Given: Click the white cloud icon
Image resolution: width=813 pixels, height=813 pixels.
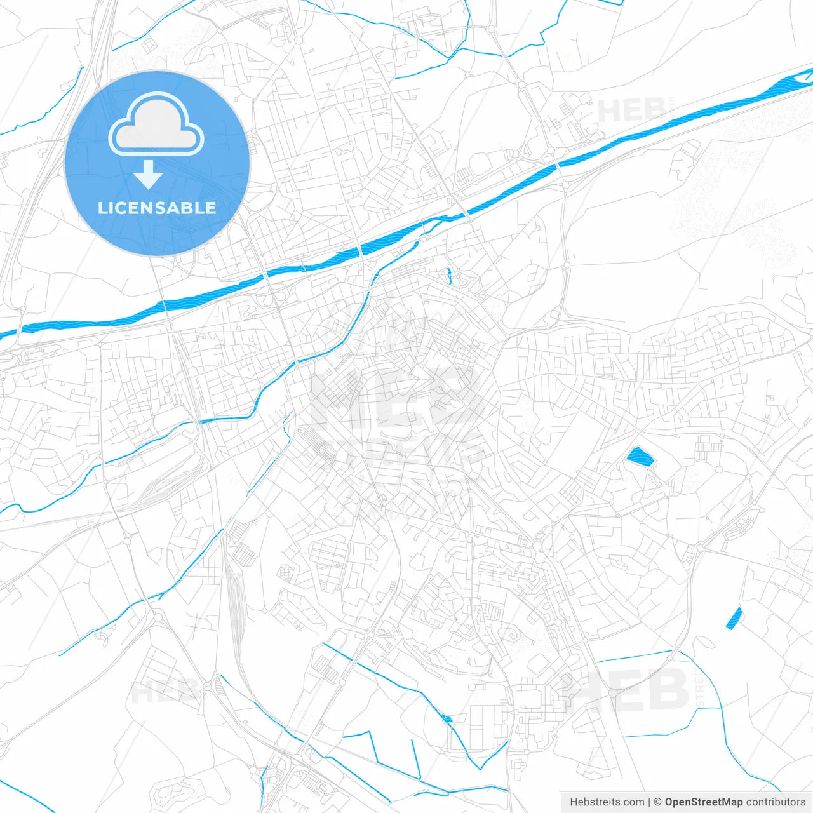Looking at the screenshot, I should (156, 124).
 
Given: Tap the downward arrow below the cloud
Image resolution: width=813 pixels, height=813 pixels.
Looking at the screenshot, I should (148, 175).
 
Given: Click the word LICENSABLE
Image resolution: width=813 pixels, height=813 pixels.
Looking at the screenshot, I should (157, 208).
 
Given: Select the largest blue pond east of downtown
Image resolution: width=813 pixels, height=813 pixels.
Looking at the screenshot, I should (639, 457).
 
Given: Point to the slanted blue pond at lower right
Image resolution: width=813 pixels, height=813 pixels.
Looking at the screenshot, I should (734, 617).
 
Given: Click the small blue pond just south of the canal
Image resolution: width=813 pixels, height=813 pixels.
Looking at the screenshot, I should (449, 275).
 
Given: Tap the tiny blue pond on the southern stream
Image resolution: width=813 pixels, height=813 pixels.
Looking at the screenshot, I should (447, 718).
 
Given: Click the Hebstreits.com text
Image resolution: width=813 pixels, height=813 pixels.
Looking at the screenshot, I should (607, 802).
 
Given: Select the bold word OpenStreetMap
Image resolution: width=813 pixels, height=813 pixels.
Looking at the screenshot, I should (703, 802).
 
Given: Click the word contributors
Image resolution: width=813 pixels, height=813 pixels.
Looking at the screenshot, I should (775, 802).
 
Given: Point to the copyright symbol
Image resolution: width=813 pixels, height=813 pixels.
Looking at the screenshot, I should (658, 802).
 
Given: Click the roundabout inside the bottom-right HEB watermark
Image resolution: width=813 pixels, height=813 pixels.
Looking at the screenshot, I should (566, 679).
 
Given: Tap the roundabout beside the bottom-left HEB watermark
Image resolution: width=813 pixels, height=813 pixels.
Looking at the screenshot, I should (208, 687).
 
